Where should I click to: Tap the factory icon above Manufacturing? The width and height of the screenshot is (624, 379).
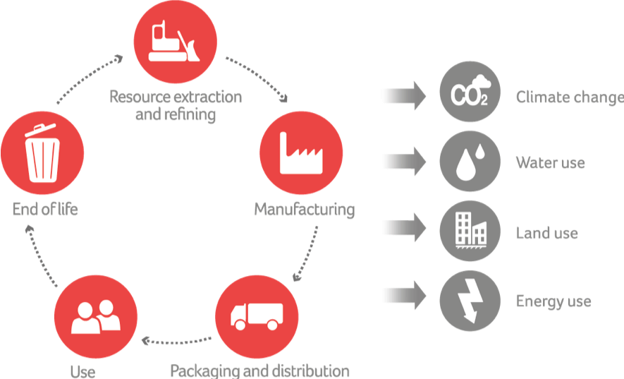301,153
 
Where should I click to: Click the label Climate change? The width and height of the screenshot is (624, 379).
569,97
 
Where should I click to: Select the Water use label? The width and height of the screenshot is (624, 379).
550,164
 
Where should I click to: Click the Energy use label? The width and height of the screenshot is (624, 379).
553,302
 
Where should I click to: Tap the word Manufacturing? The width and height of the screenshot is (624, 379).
304,210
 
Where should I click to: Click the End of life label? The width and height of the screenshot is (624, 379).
44,209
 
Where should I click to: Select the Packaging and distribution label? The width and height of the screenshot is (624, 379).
259,370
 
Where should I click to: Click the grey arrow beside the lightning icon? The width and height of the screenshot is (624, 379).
403,297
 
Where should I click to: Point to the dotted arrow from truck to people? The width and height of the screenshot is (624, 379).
176,342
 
